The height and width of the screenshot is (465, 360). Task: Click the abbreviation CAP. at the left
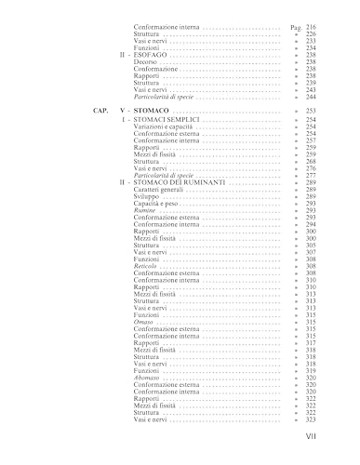pyautogui.click(x=101, y=111)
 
